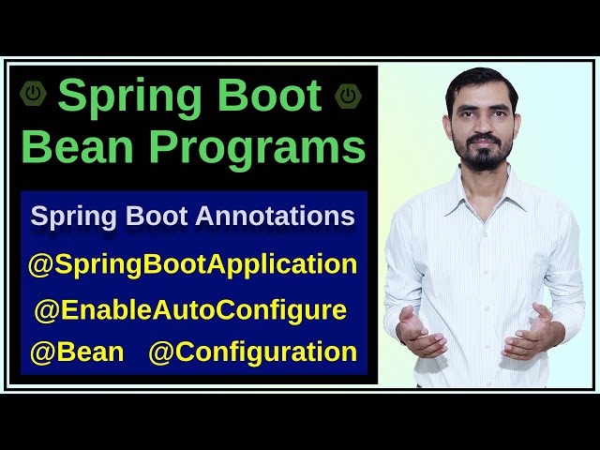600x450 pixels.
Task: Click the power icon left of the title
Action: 34,94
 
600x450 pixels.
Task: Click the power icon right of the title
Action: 349,94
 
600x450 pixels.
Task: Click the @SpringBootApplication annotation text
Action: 193,264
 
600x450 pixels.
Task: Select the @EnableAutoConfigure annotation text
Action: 190,309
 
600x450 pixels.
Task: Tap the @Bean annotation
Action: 77,352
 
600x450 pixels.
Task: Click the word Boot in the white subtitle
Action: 159,217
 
